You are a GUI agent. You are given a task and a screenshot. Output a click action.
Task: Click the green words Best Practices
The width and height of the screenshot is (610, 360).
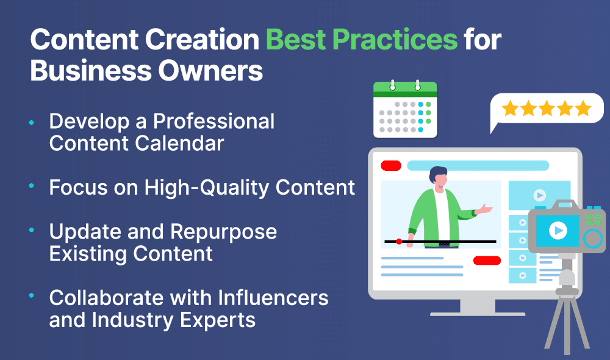click(x=362, y=40)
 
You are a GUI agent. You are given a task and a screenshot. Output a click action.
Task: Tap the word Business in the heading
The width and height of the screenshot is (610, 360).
click(x=91, y=71)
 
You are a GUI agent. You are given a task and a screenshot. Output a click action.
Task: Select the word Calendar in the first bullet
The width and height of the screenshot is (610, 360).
click(x=179, y=143)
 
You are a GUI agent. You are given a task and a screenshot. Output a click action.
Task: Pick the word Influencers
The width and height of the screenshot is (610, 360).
click(x=273, y=298)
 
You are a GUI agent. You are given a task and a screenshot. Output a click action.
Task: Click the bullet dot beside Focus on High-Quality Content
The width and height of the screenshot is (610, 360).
click(x=32, y=186)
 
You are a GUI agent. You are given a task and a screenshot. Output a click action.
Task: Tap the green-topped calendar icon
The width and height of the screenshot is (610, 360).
click(x=405, y=109)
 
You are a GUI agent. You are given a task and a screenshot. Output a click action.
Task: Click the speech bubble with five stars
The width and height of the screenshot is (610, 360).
click(x=546, y=109)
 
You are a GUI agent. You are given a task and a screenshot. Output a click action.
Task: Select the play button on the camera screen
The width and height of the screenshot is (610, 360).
click(x=558, y=231)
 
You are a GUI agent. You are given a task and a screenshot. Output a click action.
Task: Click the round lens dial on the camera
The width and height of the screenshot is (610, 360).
click(x=593, y=238)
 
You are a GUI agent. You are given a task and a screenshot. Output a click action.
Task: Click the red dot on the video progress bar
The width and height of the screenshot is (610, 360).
click(x=399, y=242)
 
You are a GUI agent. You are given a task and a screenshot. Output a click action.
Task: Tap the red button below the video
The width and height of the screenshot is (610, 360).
click(x=487, y=261)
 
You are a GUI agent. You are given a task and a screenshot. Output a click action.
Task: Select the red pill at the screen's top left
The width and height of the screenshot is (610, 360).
click(x=391, y=166)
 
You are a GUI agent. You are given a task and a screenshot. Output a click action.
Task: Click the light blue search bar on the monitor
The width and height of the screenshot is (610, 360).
click(x=478, y=166)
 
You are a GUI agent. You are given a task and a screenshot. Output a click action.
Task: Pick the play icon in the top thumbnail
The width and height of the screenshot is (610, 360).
click(x=539, y=195)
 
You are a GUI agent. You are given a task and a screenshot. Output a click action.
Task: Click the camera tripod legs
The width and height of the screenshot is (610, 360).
click(x=567, y=323)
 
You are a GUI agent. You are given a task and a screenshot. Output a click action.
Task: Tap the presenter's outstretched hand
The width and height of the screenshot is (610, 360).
click(x=485, y=209)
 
